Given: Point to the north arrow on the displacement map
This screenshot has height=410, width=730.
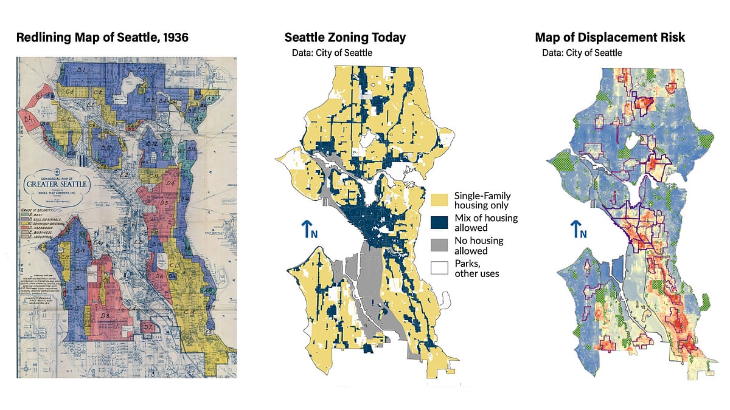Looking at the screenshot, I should click(579, 230).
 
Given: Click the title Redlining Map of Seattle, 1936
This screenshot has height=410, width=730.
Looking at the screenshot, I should click(102, 38).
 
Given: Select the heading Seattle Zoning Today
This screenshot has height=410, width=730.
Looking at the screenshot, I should click(345, 38).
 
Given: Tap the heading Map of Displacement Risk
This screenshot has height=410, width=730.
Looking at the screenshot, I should click(610, 38).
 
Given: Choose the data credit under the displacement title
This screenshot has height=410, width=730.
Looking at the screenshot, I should click(582, 53).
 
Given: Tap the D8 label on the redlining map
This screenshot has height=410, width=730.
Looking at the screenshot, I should click(104, 316).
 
